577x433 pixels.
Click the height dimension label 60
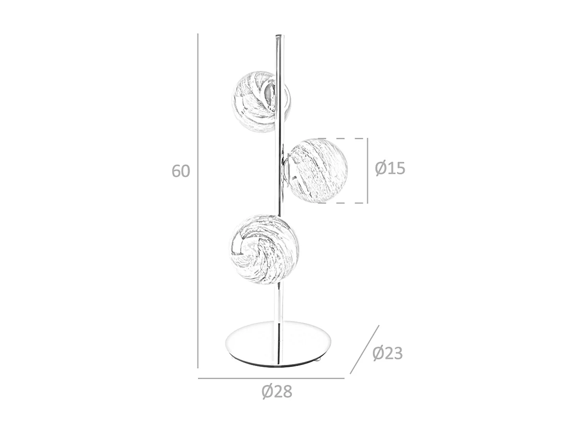click(181, 171)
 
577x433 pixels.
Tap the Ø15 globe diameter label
click(390, 168)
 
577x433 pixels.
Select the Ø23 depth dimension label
click(387, 353)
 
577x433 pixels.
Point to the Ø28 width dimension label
click(277, 391)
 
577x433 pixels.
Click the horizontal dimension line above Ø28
click(271, 378)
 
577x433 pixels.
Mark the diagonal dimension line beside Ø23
click(364, 349)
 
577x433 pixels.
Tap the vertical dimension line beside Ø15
click(367, 171)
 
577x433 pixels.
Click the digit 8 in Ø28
click(287, 391)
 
